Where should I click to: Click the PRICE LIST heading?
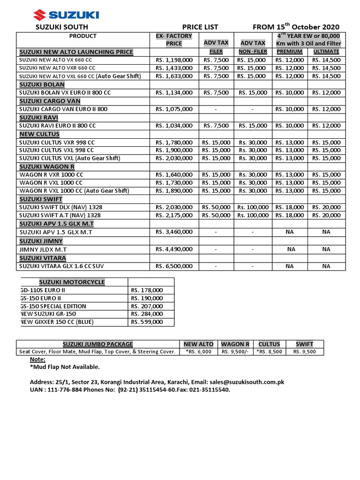point(200,27)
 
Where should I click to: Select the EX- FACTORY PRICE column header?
point(173,39)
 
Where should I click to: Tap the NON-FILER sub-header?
point(253,52)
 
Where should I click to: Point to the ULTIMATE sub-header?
point(326,52)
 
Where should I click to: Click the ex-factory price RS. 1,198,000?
point(173,60)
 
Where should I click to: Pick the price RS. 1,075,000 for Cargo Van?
point(173,109)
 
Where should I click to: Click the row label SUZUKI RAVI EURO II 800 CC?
point(57,126)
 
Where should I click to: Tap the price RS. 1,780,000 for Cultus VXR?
point(173,142)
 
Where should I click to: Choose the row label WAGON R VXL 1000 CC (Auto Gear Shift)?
point(74,191)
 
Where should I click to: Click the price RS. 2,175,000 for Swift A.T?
point(173,215)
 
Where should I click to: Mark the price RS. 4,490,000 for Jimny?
point(173,250)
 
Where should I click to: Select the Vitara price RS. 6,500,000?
point(173,266)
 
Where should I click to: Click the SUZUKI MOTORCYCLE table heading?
point(72,282)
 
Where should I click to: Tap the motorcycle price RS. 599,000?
point(147,322)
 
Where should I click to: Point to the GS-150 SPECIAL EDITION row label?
point(54,306)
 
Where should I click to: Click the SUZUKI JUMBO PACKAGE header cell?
point(98,344)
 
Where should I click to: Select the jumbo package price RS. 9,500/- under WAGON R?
point(235,352)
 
